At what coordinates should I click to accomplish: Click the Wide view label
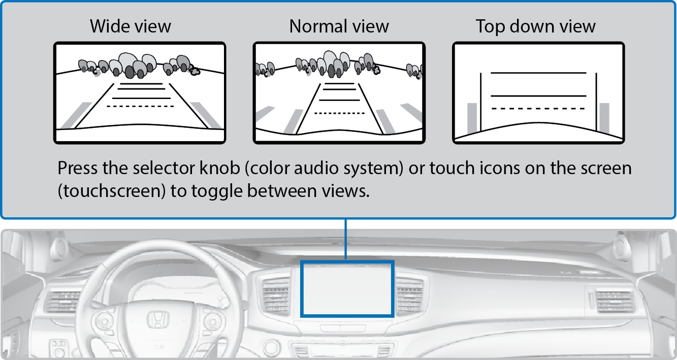coord(131,26)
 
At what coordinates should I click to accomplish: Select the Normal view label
coord(339,26)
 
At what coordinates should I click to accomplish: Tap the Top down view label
coord(535,26)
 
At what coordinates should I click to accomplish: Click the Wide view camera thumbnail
coord(140,93)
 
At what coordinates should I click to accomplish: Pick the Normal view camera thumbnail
coord(339,93)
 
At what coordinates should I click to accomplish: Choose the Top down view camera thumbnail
coord(538,93)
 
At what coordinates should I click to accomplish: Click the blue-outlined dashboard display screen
coord(347,288)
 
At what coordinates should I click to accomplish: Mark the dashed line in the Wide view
coord(140,106)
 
